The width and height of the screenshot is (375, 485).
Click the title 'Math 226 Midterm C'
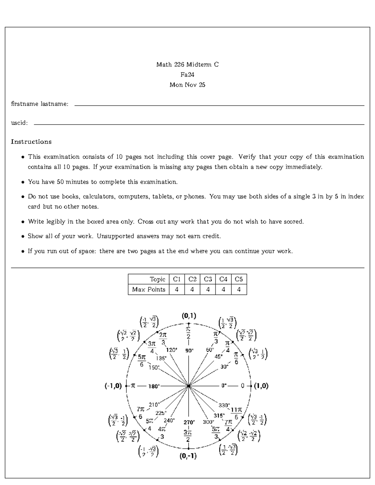pos(187,65)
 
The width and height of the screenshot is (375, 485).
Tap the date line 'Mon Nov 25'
pos(187,85)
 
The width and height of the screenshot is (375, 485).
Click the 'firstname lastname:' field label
pos(40,104)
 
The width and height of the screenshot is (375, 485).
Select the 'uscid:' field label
pos(19,123)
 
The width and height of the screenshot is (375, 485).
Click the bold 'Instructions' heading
pos(31,142)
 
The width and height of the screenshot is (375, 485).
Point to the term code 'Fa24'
pos(187,75)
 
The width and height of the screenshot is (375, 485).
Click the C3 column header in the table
pos(208,279)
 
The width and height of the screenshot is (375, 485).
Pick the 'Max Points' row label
pos(149,290)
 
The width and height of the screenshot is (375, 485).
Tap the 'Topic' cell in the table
pos(157,279)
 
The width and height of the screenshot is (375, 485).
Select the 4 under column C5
pos(239,290)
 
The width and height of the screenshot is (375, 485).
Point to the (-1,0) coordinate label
pos(113,386)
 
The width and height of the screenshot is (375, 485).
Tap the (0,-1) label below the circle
pos(188,456)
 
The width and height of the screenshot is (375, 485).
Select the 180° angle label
pos(154,386)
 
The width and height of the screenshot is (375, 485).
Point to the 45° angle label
pos(219,356)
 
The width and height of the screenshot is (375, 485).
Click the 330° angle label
pos(224,405)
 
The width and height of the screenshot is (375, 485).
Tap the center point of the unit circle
pos(189,386)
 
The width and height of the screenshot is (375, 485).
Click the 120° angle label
pos(172,350)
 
